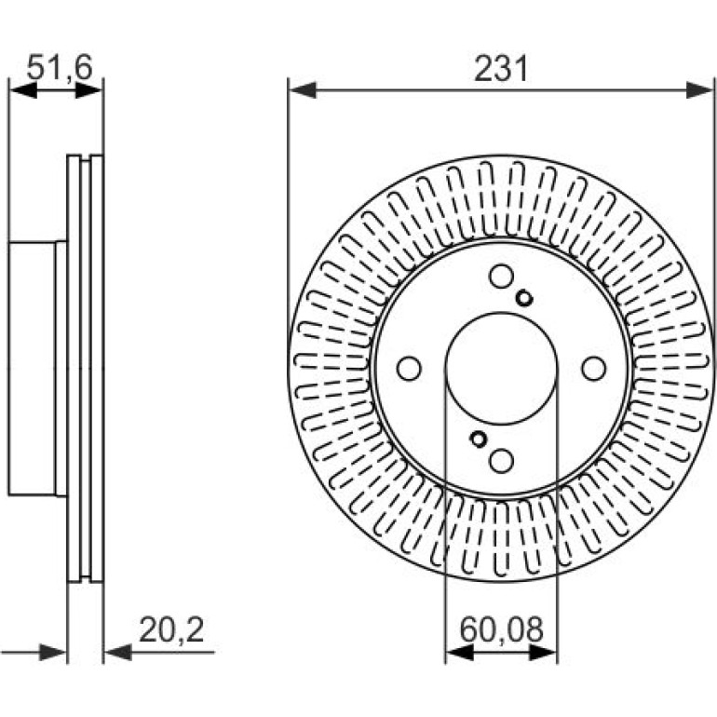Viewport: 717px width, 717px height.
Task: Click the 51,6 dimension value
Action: (x=60, y=68)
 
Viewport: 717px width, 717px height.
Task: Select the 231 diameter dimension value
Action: (x=501, y=69)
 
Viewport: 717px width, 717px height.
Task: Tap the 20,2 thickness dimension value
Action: (x=171, y=629)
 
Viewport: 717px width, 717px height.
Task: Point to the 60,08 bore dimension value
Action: (x=502, y=629)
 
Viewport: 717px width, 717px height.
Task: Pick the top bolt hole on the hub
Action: (x=501, y=276)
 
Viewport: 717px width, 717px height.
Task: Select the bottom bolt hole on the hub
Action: (x=501, y=461)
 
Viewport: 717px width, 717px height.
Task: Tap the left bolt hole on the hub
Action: (x=409, y=369)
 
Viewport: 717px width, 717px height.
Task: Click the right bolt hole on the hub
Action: (x=594, y=369)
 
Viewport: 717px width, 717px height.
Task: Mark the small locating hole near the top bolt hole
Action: (x=524, y=299)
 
